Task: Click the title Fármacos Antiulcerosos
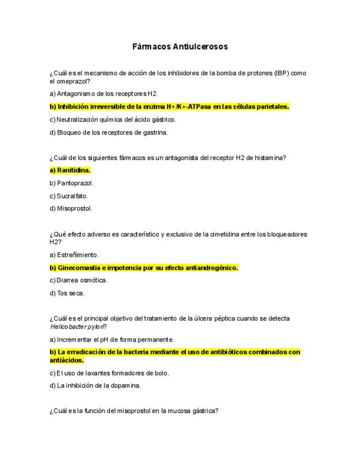[180, 47]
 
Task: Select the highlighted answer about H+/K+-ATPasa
[169, 107]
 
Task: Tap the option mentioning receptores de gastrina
[109, 132]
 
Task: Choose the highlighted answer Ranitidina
[70, 170]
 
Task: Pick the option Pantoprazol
[71, 183]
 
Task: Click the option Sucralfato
[69, 196]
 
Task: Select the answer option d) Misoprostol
[71, 208]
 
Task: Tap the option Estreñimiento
[74, 255]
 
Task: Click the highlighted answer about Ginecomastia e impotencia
[144, 268]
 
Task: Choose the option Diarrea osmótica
[79, 280]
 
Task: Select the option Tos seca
[67, 293]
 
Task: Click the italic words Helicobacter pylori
[76, 326]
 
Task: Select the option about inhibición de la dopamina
[95, 385]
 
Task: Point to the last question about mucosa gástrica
[134, 410]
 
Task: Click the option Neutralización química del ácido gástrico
[113, 119]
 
